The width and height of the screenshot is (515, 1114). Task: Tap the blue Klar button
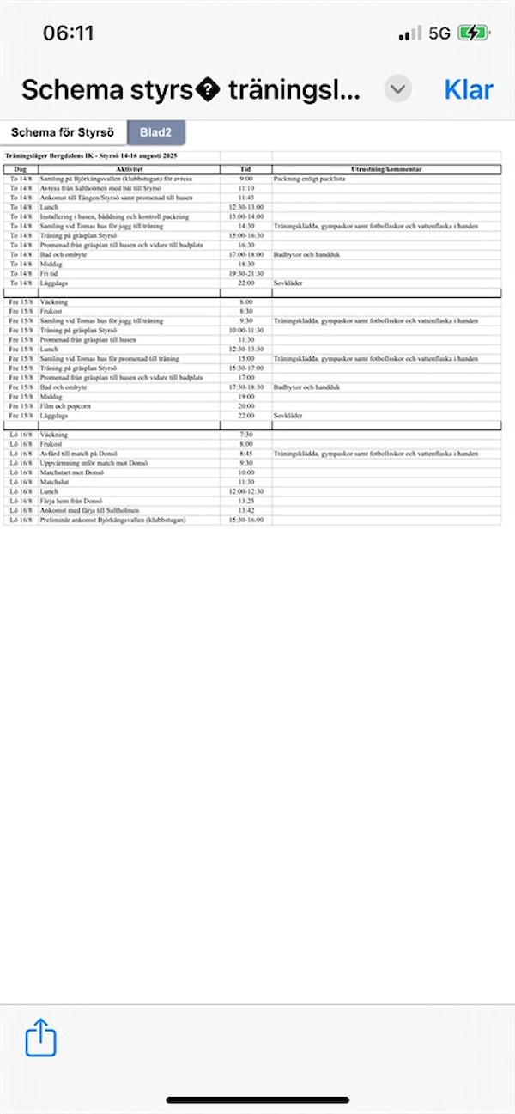469,89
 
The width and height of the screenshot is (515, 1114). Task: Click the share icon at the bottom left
40,1037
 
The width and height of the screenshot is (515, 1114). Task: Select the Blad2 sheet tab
156,133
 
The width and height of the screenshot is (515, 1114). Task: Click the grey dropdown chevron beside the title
397,89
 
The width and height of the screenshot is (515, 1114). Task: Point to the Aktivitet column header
128,170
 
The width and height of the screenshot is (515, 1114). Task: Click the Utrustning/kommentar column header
386,170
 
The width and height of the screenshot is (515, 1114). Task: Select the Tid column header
246,170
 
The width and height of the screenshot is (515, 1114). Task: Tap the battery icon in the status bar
474,33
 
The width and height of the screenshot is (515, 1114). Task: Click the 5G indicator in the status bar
439,33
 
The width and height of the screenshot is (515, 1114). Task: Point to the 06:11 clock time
69,33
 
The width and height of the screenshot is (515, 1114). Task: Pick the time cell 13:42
246,511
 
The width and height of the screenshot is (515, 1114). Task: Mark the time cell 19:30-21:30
246,273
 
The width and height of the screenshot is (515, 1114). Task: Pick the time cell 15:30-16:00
246,520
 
